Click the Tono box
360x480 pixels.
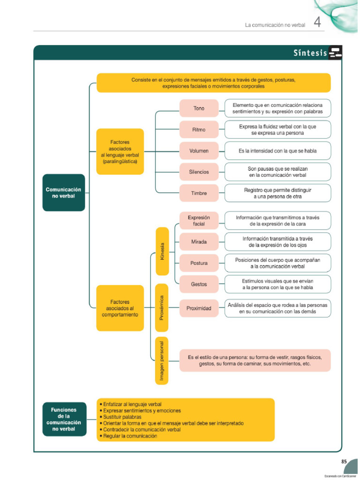coord(199,108)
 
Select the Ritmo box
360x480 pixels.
coord(199,129)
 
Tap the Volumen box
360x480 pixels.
coord(199,151)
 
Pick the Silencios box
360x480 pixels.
coord(199,172)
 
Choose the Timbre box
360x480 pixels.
coord(199,193)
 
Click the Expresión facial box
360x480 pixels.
coord(199,221)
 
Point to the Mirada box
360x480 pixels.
coord(199,242)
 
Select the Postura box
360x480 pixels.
coord(199,263)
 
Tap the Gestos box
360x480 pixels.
coord(199,284)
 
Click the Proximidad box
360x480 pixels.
coord(199,308)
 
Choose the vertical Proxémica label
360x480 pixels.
coord(162,307)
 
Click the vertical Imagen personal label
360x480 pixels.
coord(162,360)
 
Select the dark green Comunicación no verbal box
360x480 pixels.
coord(63,193)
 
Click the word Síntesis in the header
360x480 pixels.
coord(310,53)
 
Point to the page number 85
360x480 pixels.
coord(344,462)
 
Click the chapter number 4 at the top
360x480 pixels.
coord(317,22)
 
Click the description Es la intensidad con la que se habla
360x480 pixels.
coord(277,151)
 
